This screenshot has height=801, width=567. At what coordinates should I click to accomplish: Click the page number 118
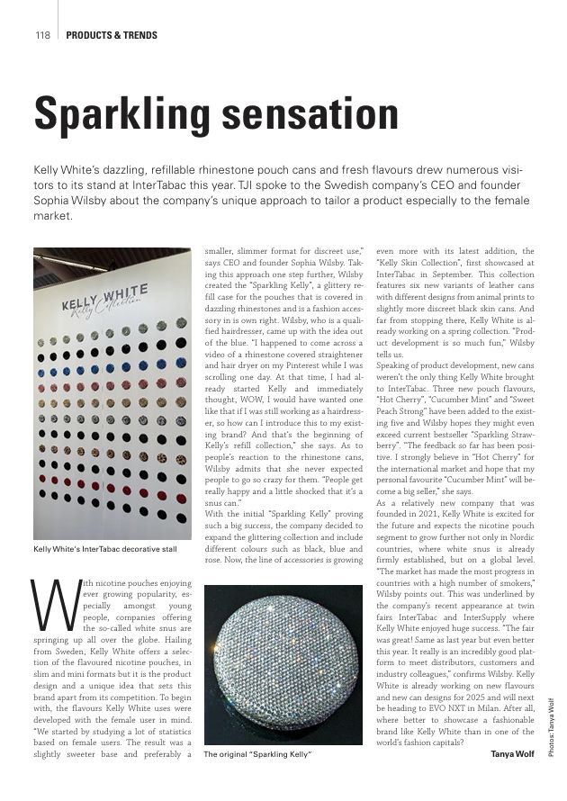coord(42,36)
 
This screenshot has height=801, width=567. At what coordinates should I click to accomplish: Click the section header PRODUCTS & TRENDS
coord(112,36)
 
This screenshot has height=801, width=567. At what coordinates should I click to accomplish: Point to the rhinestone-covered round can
coord(283,662)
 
